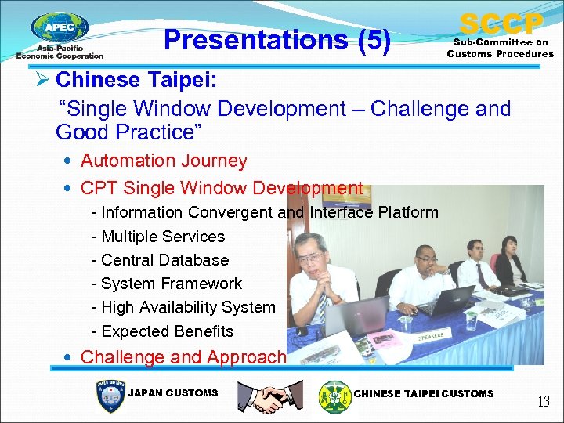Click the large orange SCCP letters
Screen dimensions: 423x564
click(501, 23)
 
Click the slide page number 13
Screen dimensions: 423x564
click(543, 402)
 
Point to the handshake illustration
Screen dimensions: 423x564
click(270, 397)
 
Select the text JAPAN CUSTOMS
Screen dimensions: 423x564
click(172, 393)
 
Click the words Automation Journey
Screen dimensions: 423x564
click(164, 161)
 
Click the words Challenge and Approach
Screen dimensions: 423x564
click(183, 357)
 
